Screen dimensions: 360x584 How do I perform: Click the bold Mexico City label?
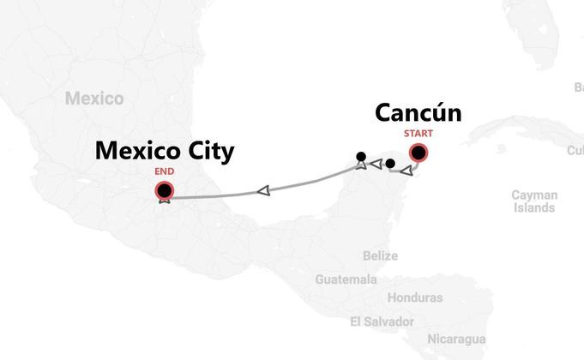(x=164, y=152)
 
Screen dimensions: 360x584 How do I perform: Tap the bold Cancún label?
(x=418, y=113)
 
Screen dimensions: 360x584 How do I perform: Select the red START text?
(x=418, y=134)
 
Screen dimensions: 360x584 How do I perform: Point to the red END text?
(x=164, y=171)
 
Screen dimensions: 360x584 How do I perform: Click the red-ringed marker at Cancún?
(x=418, y=153)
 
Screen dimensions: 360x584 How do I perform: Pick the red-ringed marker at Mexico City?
(x=164, y=190)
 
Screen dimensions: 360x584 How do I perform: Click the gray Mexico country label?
(x=94, y=99)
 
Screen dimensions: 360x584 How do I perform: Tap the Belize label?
(x=380, y=255)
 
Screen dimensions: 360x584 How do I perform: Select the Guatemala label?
(x=346, y=279)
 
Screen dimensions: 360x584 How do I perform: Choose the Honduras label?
(x=415, y=297)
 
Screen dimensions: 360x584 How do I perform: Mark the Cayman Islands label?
(x=534, y=201)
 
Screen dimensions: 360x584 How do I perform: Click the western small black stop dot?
(x=361, y=156)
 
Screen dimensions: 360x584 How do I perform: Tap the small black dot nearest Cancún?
(x=390, y=163)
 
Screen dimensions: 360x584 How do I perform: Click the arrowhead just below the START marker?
(x=406, y=171)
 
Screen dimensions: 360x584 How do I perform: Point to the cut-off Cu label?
(x=575, y=151)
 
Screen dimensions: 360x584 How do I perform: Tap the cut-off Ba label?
(x=578, y=87)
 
